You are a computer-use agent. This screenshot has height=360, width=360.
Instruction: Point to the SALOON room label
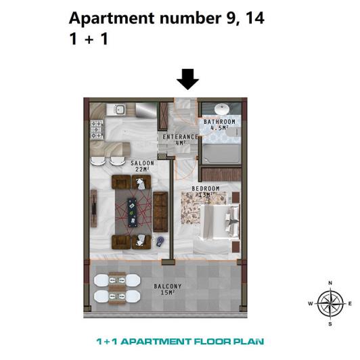[x=142, y=165]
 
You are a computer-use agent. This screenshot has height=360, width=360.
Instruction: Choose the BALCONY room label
[x=164, y=288]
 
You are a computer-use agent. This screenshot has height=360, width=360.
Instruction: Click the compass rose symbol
[x=330, y=303]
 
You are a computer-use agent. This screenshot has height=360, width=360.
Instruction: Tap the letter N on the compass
[x=330, y=283]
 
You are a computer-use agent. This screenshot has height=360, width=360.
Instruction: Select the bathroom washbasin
[x=221, y=109]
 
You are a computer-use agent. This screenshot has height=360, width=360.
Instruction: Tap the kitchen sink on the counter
[x=119, y=109]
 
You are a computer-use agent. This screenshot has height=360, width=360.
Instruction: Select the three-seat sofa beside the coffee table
[x=160, y=212]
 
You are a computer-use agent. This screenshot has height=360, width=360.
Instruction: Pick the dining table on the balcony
[x=117, y=288]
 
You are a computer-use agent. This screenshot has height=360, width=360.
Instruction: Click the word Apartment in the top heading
[x=108, y=18]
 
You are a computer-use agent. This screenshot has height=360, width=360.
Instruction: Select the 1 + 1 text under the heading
[x=89, y=39]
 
